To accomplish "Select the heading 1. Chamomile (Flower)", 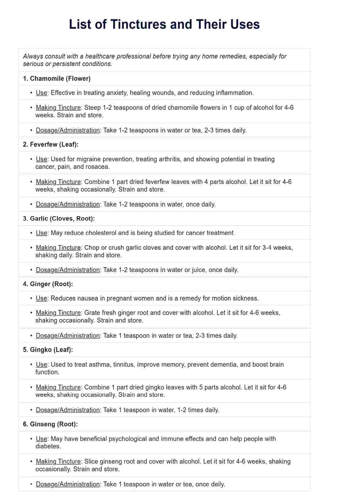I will pos(57,79).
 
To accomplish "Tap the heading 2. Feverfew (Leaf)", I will pos(51,144).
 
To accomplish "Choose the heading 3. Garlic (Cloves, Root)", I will pos(59,219).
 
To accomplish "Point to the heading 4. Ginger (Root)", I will pos(48,284).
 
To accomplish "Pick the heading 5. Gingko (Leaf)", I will pos(48,350).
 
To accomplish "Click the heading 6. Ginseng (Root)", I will pos(50,424).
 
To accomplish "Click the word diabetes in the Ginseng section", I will pos(48,446).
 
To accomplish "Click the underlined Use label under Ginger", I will pos(41,298).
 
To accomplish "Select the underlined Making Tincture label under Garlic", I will pos(58,248).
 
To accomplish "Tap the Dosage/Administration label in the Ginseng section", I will pos(68,484).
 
